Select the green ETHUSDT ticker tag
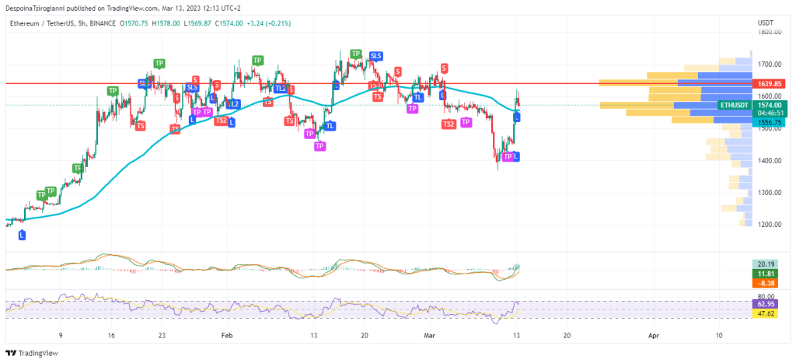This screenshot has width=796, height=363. click(x=734, y=104)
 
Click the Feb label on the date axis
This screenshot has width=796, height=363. click(x=227, y=335)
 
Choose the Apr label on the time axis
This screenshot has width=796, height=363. click(x=654, y=335)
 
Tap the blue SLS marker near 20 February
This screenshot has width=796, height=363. click(x=376, y=56)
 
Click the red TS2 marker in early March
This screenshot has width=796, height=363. click(x=449, y=124)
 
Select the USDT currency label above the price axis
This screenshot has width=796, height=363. click(x=766, y=23)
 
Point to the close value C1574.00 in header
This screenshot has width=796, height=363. click(x=231, y=23)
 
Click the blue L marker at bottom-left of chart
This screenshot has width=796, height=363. click(x=22, y=234)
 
